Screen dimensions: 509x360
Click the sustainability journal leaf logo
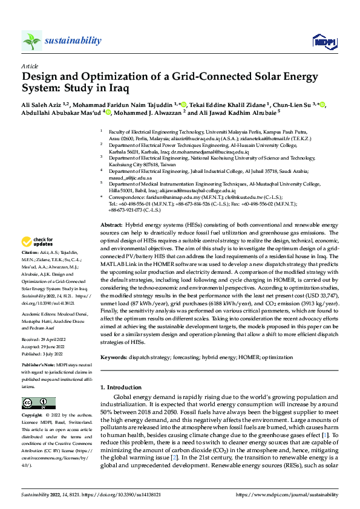click(x=32, y=41)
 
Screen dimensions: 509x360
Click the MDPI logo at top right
click(x=324, y=41)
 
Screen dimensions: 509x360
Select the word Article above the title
click(x=29, y=66)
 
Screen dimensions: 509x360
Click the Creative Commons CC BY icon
click(x=34, y=403)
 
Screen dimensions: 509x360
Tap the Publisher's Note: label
click(x=38, y=366)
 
